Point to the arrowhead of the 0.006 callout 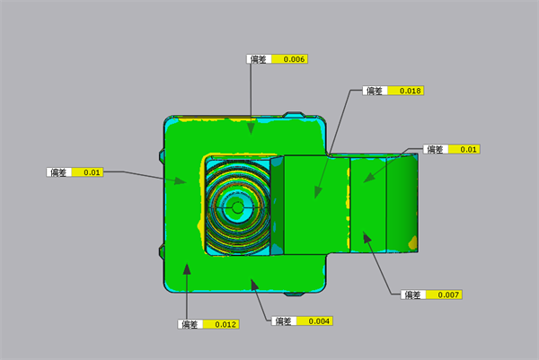[251, 128]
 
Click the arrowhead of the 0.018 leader [318, 193]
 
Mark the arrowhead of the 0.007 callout [367, 237]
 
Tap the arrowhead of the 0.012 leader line [187, 269]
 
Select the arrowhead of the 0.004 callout [254, 285]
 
